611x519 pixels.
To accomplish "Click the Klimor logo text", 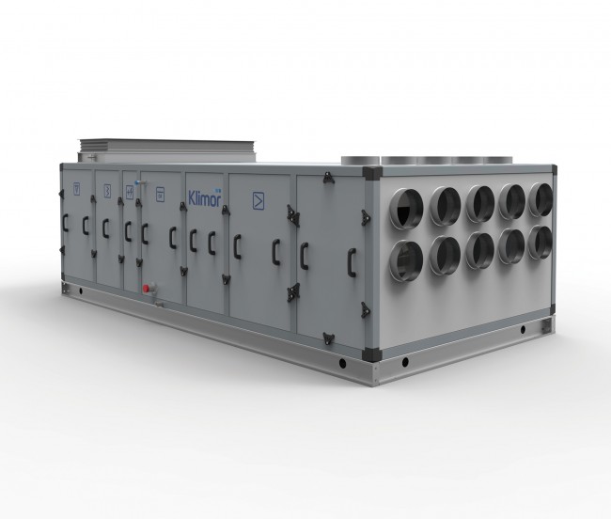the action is coord(205,197).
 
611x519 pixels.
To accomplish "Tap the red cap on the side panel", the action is coord(147,289).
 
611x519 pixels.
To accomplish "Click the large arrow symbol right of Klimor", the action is coord(258,201).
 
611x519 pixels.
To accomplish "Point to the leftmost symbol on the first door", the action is coord(77,189).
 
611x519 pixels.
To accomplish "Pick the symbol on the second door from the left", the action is coord(107,191).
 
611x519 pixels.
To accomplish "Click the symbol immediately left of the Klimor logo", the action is coord(160,195).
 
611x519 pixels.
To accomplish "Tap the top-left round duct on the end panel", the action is coord(406,209).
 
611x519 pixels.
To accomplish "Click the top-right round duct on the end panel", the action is coord(540,200).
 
